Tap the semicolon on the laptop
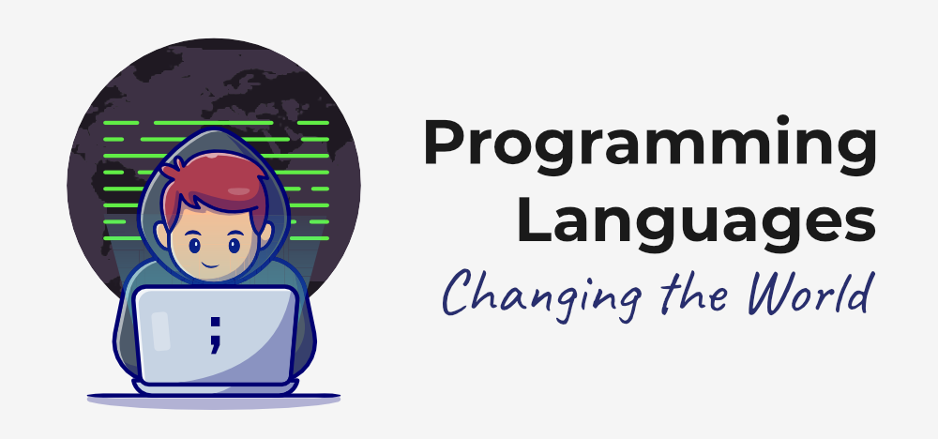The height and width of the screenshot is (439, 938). (x=216, y=333)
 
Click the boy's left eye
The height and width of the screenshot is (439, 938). (x=193, y=247)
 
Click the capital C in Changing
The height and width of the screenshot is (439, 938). (x=458, y=294)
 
